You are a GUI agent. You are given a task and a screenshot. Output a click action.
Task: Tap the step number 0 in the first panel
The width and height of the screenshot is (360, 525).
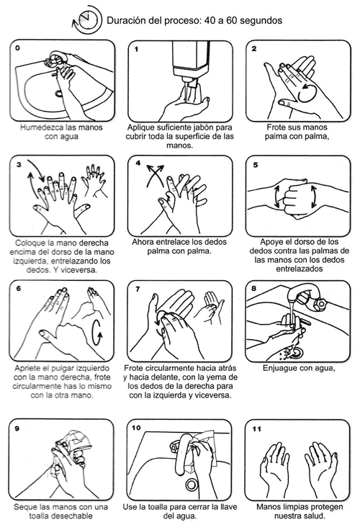pyautogui.click(x=17, y=48)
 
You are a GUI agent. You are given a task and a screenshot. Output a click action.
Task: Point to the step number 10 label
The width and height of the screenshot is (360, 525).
pyautogui.click(x=137, y=427)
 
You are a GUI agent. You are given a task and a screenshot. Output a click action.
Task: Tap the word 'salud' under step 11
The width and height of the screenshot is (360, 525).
pyautogui.click(x=310, y=516)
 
